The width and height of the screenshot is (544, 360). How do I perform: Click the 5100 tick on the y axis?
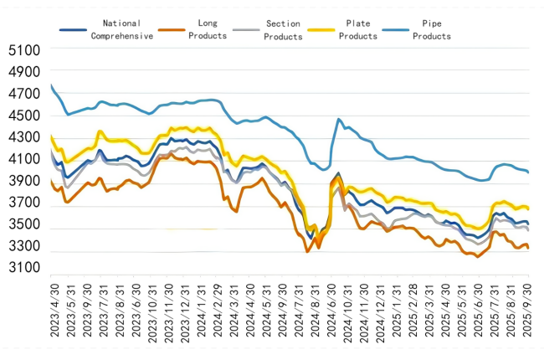(23, 50)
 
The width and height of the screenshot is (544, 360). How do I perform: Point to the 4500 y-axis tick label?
(23, 116)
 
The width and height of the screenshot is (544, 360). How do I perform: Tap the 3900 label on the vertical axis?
(23, 181)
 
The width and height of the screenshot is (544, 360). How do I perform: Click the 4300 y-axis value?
(23, 137)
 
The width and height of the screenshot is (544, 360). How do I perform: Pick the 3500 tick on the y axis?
(23, 224)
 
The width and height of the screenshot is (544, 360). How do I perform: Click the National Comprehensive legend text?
(121, 29)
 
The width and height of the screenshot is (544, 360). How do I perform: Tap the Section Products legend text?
(284, 29)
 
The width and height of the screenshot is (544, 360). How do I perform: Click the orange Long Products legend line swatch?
(172, 29)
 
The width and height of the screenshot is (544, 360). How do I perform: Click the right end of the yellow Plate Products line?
(528, 208)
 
